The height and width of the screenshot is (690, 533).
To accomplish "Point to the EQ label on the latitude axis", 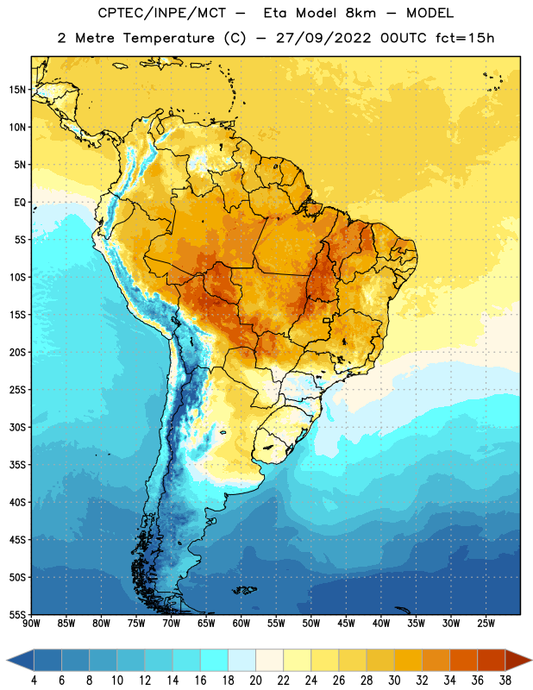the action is click(x=20, y=203).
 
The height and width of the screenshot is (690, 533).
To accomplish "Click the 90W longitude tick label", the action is click(x=31, y=624).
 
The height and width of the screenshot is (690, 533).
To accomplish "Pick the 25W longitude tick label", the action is click(x=486, y=624).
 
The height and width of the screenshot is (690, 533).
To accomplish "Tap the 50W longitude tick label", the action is click(x=311, y=624).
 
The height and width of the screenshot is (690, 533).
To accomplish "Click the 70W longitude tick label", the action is click(x=172, y=624).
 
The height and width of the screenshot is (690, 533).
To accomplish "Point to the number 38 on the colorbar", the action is click(x=505, y=681).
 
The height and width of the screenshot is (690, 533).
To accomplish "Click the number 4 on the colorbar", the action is click(x=34, y=681).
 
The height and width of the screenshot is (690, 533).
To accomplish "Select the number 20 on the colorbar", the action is click(x=255, y=681).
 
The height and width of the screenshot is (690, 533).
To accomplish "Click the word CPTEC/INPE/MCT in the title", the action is click(x=161, y=13).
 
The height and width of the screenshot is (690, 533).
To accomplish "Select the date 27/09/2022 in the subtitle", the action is click(x=323, y=38).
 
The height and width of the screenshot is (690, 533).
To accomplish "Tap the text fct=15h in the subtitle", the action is click(x=465, y=38).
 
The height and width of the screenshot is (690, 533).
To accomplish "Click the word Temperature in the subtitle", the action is click(x=168, y=38).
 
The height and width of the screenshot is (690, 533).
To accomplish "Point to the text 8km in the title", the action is click(x=361, y=13).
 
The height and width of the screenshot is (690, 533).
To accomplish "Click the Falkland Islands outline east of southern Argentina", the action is click(x=245, y=590).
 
